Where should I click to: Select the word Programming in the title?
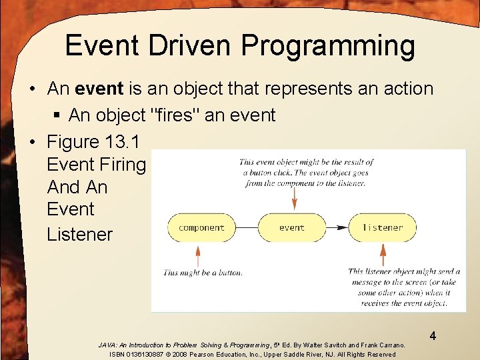click(x=328, y=47)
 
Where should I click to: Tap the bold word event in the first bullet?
click(x=100, y=88)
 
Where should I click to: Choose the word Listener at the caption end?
click(x=80, y=234)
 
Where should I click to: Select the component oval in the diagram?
click(x=201, y=227)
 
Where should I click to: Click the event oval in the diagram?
click(x=291, y=227)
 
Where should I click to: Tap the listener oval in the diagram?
click(x=383, y=227)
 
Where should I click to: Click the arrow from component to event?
click(x=247, y=227)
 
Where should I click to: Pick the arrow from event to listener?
click(x=337, y=227)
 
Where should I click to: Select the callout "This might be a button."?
click(x=203, y=272)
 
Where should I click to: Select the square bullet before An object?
click(x=57, y=116)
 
